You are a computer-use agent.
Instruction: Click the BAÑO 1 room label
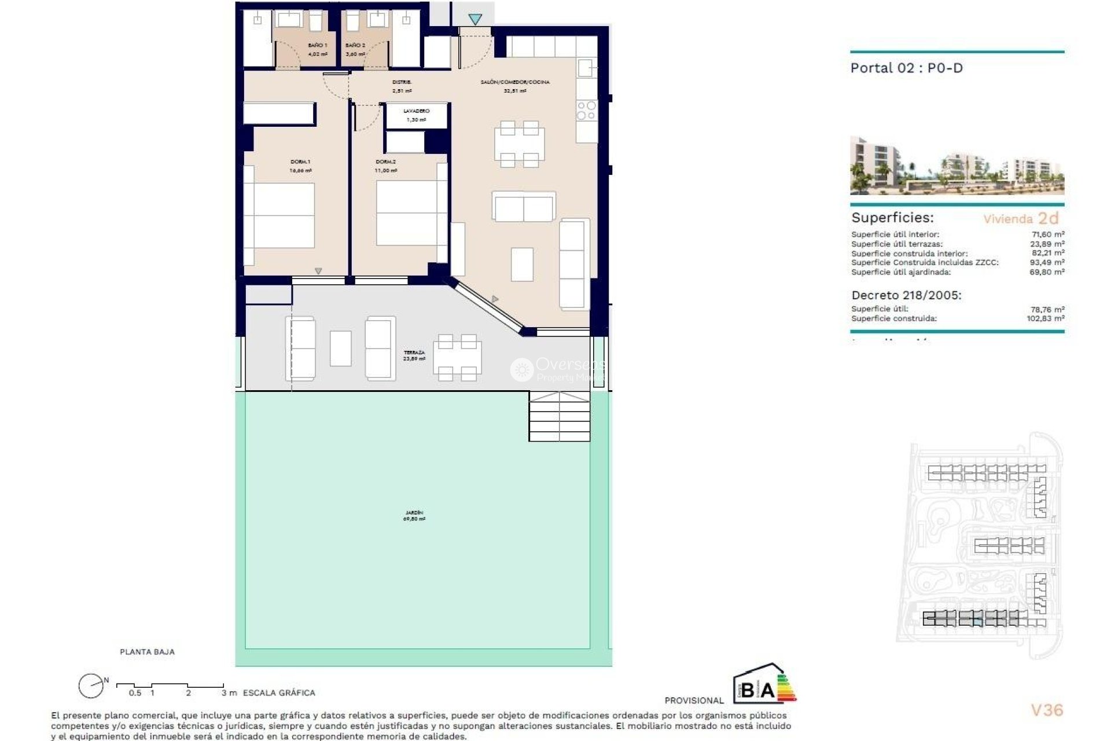(318, 45)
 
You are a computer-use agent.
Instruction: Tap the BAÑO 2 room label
(355, 45)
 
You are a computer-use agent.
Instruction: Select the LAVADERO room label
(417, 111)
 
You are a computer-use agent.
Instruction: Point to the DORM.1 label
(300, 162)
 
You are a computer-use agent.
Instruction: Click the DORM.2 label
(386, 162)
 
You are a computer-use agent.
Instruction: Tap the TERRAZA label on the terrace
(414, 353)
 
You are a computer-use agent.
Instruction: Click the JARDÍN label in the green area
(414, 513)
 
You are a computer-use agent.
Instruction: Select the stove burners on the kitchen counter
(586, 111)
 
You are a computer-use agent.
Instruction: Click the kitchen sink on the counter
(586, 68)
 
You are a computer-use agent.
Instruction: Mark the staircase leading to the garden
(559, 416)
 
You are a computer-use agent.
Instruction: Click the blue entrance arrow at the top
(475, 20)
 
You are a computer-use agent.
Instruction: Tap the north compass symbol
(91, 687)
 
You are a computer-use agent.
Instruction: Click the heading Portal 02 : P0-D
(906, 68)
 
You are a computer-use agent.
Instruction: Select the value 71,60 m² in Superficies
(1048, 234)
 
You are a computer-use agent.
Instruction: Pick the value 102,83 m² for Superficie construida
(1046, 318)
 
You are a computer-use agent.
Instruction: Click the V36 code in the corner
(1047, 710)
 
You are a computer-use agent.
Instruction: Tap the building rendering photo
(957, 166)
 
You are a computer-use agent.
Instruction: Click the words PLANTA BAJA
(147, 652)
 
